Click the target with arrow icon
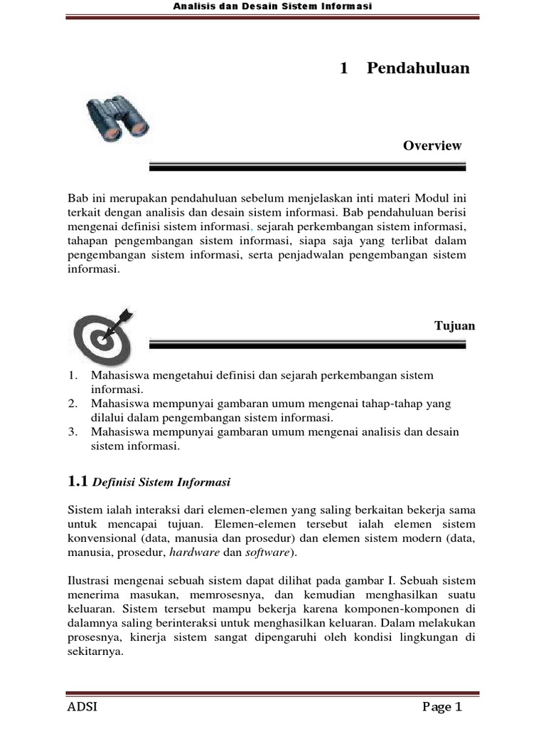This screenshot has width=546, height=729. tap(102, 335)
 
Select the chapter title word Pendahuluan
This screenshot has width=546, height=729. tap(418, 68)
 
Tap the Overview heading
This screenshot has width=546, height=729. tap(432, 146)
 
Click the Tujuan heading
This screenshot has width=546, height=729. tap(454, 326)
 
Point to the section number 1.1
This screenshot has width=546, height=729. tap(77, 482)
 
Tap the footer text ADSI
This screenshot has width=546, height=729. tap(82, 707)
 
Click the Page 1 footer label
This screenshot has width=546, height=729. tap(442, 707)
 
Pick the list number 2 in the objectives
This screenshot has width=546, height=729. tap(73, 404)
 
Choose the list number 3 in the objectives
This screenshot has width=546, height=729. tap(73, 432)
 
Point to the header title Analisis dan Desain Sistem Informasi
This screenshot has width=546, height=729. tap(274, 6)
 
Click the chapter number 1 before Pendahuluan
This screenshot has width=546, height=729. tap(344, 68)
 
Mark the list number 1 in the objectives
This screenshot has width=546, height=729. tap(73, 375)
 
